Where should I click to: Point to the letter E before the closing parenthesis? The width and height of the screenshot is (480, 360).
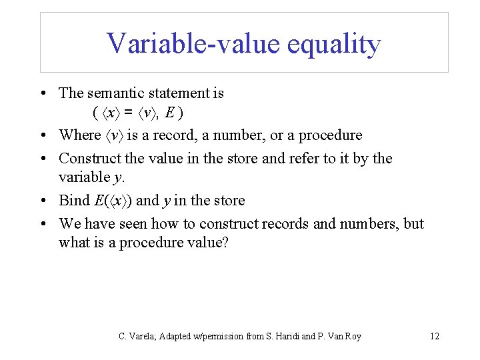coord(171,114)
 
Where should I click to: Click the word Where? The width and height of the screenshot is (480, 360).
coord(80,135)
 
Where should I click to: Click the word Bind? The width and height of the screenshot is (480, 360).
coord(73,201)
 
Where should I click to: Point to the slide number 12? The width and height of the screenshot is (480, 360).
coord(434,336)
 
